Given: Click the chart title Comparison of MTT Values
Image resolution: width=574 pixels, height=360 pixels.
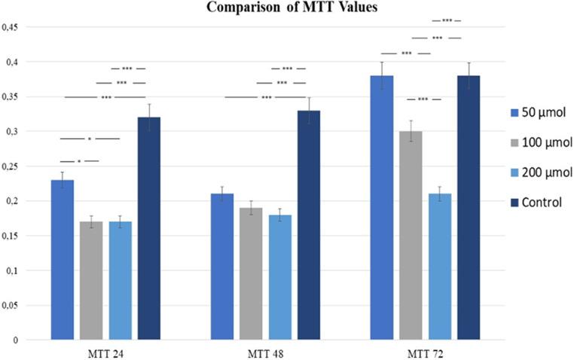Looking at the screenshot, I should coord(286,8).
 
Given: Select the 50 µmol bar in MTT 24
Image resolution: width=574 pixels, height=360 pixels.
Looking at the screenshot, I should coord(62,260).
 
